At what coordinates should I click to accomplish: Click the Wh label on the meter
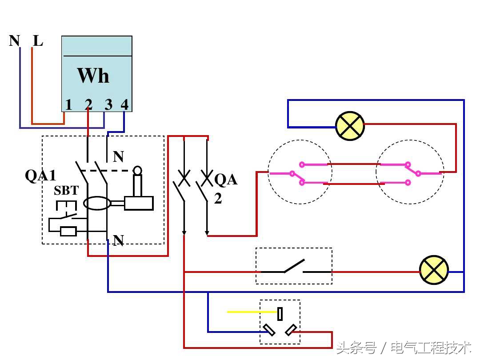coord(93,76)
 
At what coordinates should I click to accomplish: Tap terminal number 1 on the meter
coord(68,105)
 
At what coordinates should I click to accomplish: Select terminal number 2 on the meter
coord(88,105)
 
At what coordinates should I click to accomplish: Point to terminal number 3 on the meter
coord(108,105)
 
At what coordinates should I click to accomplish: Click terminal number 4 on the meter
coord(124,105)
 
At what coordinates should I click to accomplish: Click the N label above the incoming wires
coord(14,41)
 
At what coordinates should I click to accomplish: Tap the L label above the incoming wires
coord(38,41)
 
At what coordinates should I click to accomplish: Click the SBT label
coord(66,191)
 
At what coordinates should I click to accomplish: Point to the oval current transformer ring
coord(97,204)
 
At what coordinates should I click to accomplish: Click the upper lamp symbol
coord(350,126)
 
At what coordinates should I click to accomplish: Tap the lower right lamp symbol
coord(434,270)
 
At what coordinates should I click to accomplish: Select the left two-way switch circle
coord(300,172)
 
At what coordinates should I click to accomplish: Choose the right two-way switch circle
coord(408,172)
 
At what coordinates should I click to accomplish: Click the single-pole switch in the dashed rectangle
coord(294,266)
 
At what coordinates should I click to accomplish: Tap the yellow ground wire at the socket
coord(251,312)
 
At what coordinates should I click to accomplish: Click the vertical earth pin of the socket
coord(280,314)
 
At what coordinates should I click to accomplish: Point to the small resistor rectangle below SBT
coord(68,231)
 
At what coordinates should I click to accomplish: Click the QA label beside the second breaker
coord(226,180)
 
